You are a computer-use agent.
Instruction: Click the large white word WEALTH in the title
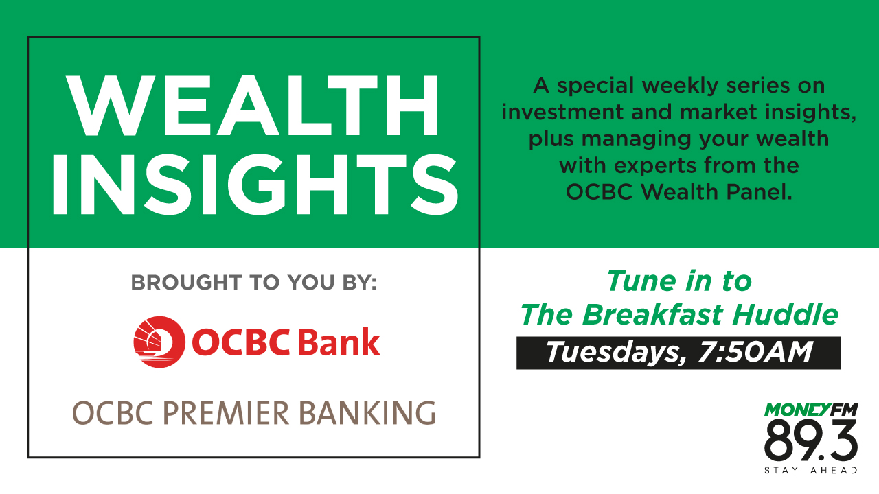(x=253, y=106)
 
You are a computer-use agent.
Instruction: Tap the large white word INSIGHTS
(x=253, y=183)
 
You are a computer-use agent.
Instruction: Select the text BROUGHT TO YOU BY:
(x=253, y=283)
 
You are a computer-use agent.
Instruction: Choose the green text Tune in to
(x=678, y=281)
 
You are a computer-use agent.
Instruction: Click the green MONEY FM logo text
(x=811, y=410)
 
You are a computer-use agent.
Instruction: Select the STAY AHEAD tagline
(x=811, y=471)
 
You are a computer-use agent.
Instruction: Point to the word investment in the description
(x=553, y=113)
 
